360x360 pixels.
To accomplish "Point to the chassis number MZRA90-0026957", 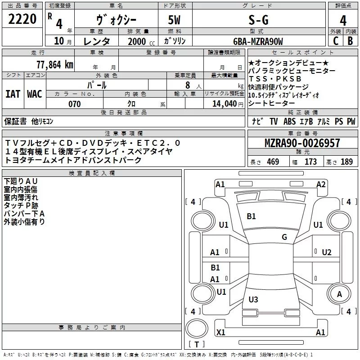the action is click(302, 143).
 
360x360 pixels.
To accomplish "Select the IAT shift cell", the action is click(13, 94).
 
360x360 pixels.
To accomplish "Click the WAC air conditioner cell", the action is click(35, 94).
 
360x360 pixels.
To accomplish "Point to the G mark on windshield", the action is click(284, 237).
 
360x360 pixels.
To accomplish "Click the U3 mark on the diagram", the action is click(253, 300).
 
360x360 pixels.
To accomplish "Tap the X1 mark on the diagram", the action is click(220, 333).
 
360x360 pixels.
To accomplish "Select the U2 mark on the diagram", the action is click(327, 252).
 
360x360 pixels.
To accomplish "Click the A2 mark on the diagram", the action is click(321, 184).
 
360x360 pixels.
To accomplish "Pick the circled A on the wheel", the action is click(340, 295).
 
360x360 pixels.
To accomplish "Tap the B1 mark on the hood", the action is click(251, 216).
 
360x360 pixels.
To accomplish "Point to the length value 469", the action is click(273, 162).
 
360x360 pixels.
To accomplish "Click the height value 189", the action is click(346, 162).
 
